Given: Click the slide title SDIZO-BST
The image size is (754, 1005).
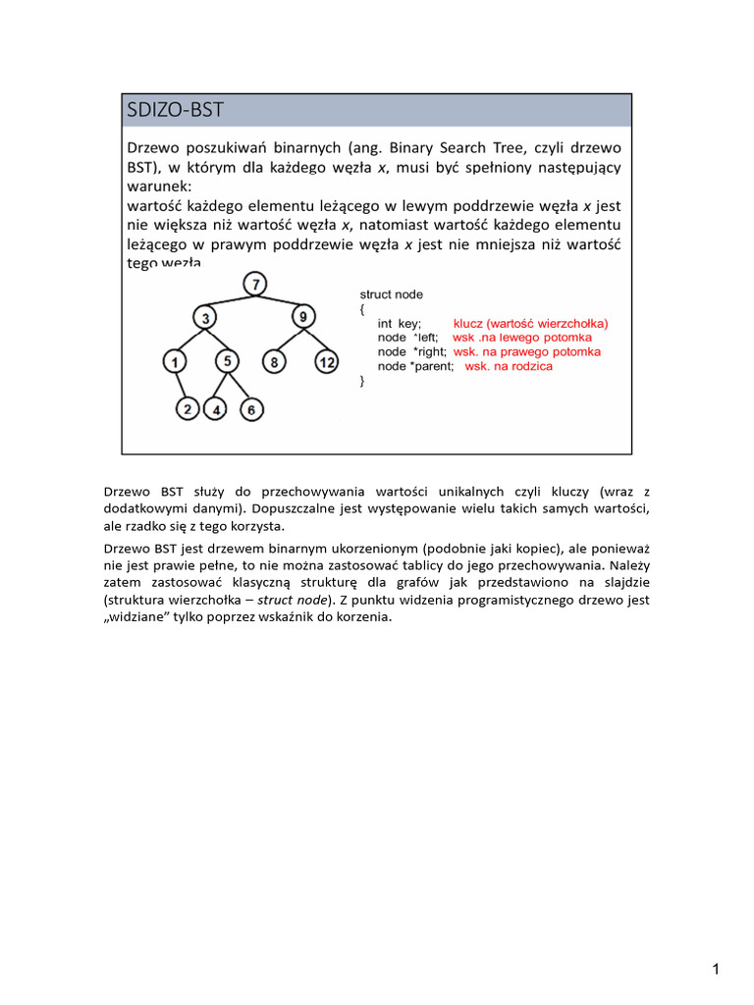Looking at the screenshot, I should (x=176, y=110).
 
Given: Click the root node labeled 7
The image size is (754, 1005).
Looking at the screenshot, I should (x=255, y=285).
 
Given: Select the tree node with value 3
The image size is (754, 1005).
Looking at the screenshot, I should (x=205, y=318).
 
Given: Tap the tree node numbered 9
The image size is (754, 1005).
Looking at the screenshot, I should (x=302, y=317).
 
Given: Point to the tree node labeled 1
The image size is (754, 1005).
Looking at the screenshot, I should (x=175, y=363).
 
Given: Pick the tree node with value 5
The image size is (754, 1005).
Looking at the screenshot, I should (x=227, y=361).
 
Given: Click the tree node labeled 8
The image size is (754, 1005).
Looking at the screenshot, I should (x=276, y=363).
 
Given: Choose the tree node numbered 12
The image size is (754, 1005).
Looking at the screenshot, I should (x=326, y=363).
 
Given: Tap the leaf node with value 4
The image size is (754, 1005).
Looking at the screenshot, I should (x=217, y=409).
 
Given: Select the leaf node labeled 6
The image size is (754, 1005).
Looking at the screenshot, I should (x=251, y=409).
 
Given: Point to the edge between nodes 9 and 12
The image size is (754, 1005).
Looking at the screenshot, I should (x=314, y=340).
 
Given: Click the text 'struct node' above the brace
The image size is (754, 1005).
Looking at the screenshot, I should (x=392, y=293).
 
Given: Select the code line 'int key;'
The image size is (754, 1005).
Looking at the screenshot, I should (x=399, y=323).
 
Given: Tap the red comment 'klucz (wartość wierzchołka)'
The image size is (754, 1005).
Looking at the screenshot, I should (x=530, y=323).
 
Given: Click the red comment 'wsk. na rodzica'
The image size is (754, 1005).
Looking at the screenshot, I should (x=508, y=366).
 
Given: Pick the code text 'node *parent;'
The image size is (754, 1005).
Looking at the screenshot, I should (x=415, y=366).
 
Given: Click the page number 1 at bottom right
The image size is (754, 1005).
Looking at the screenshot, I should (x=717, y=971).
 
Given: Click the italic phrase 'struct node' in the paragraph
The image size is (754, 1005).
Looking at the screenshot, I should (x=294, y=599).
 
